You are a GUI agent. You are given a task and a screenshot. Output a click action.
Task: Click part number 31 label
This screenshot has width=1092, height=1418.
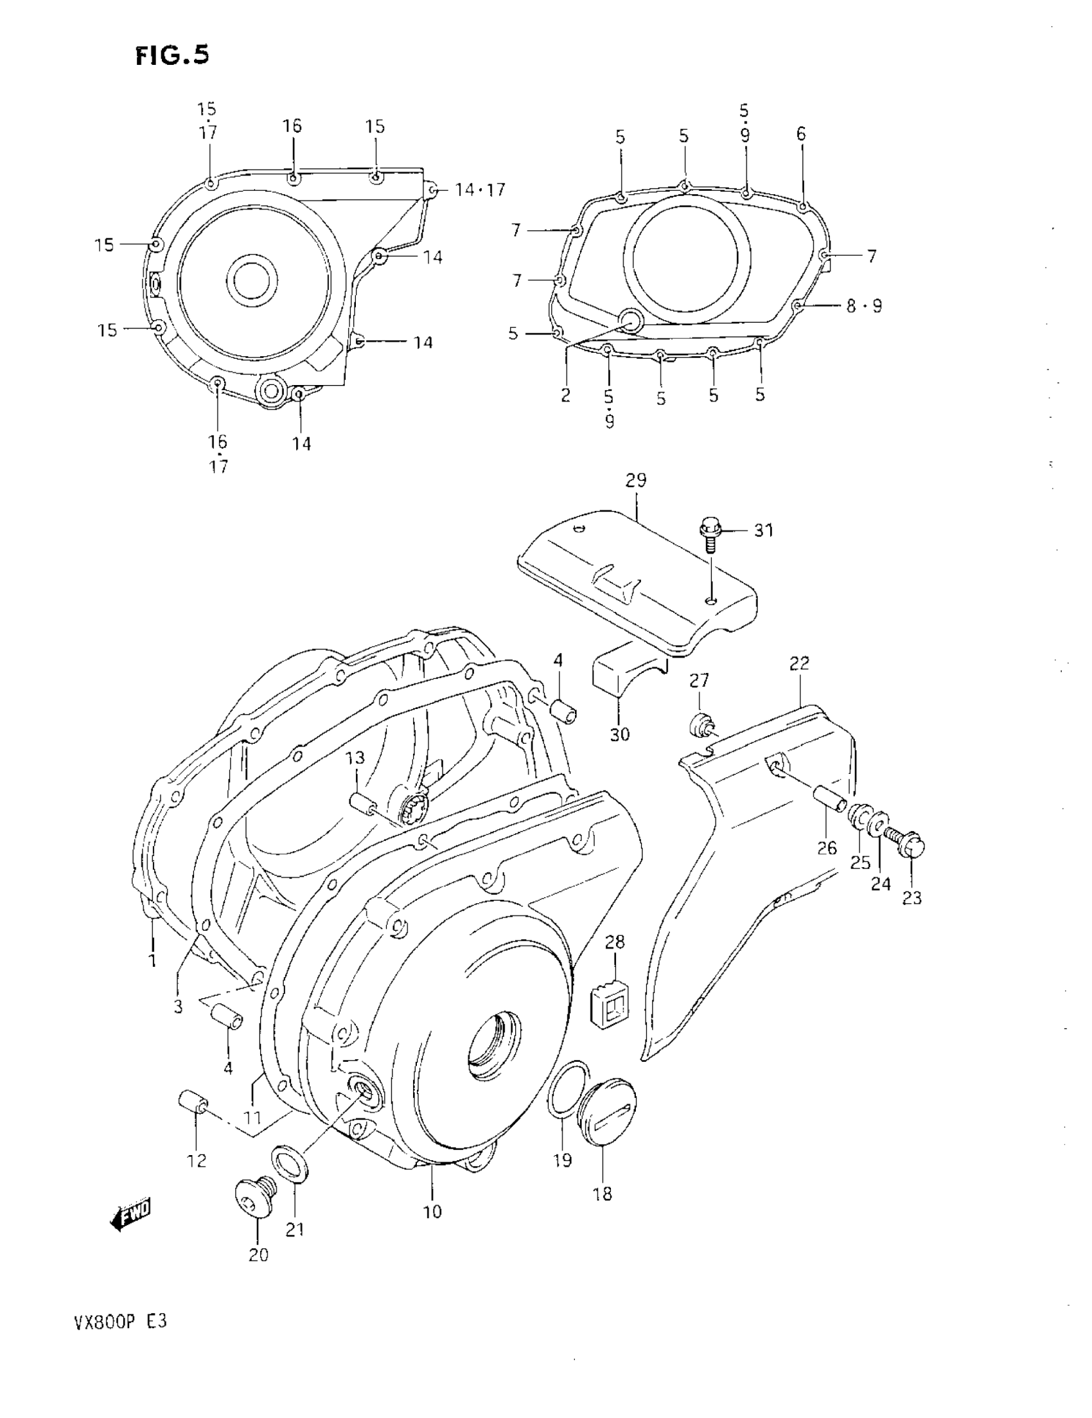click(x=764, y=530)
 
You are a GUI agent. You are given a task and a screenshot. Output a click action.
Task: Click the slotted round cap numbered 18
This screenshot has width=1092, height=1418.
click(x=609, y=1115)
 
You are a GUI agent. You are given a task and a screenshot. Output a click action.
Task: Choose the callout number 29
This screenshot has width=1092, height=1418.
click(x=636, y=481)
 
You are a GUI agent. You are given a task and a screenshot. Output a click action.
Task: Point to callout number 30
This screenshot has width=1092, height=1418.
click(x=620, y=734)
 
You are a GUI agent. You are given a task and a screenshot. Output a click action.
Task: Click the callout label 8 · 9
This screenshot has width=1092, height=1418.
click(x=864, y=306)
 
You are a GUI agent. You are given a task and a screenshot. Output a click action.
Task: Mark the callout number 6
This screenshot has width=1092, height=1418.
click(x=801, y=134)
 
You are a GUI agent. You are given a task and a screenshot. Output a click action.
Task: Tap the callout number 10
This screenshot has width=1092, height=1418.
click(x=433, y=1211)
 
